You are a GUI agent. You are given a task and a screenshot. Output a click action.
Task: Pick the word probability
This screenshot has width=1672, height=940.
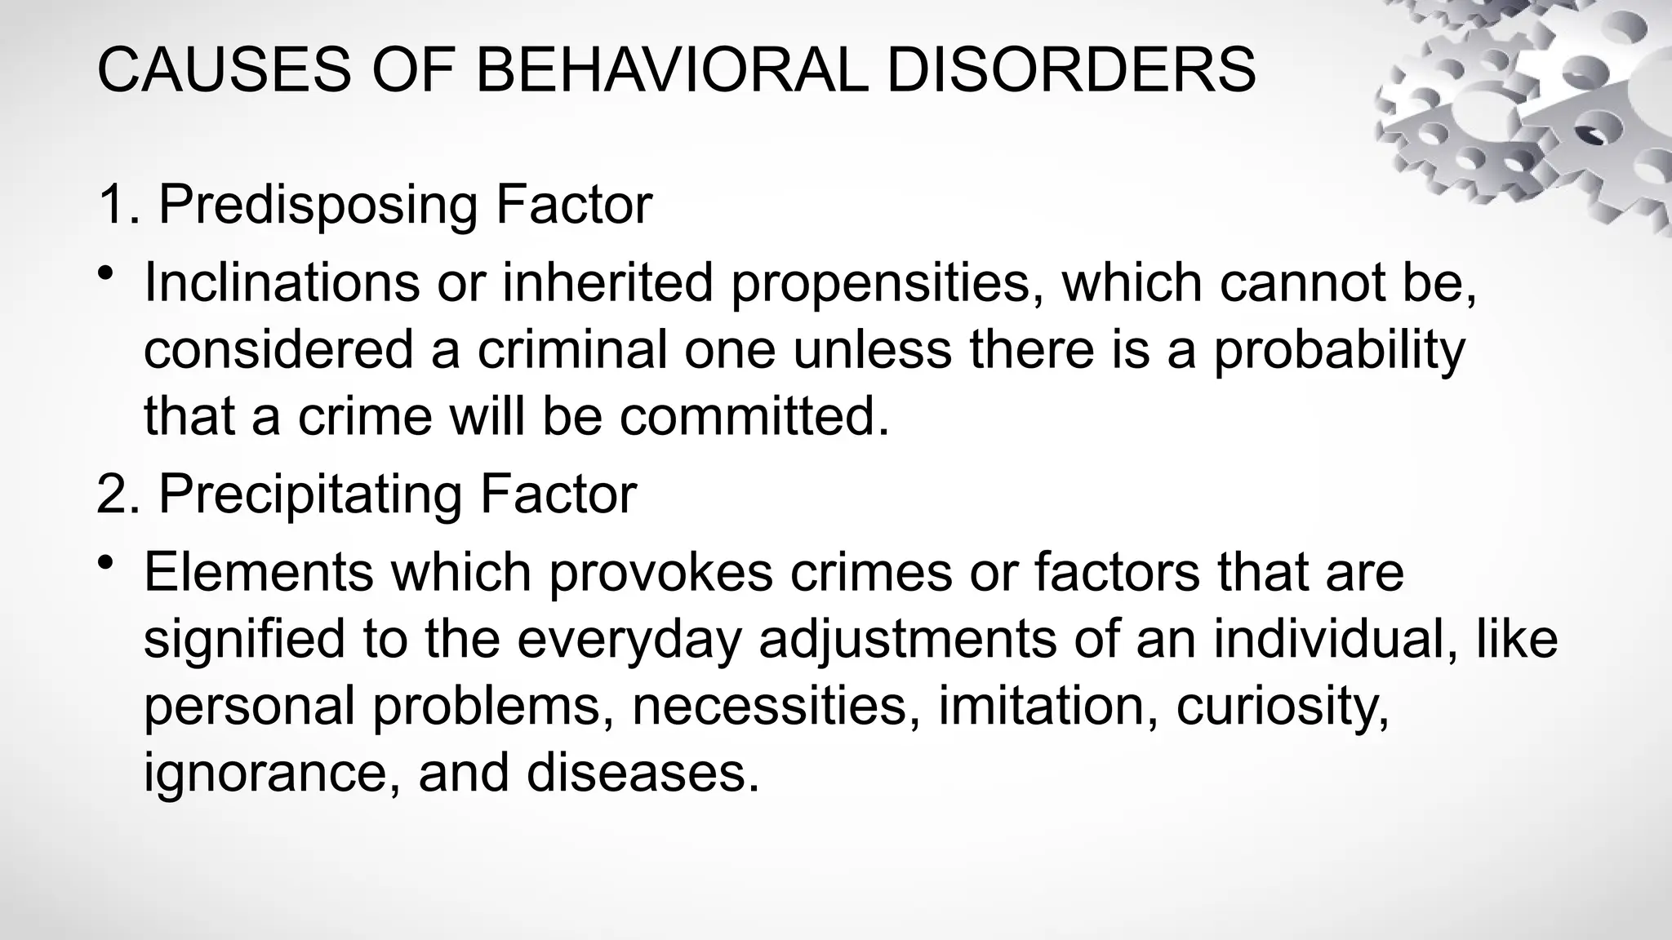[x=1339, y=351]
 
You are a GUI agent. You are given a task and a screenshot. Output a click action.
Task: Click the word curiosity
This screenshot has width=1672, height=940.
[x=1282, y=707]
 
